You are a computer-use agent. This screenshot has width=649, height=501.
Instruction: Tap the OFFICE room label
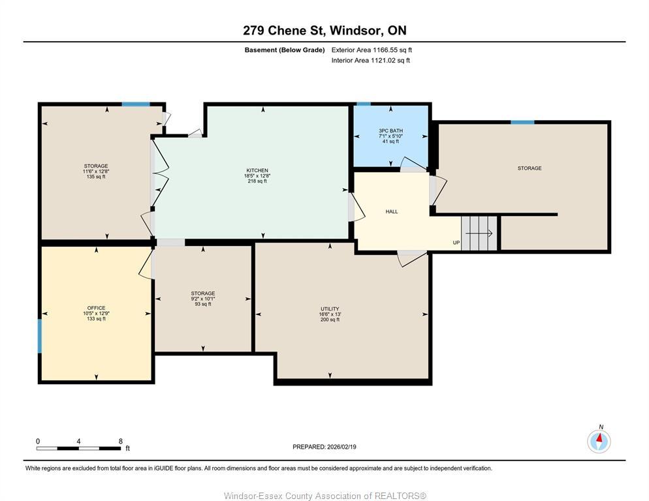[96, 308]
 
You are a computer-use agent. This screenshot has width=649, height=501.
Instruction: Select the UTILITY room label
[330, 309]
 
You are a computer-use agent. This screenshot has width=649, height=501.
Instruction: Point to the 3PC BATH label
[390, 130]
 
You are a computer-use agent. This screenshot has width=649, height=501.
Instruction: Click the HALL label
[392, 211]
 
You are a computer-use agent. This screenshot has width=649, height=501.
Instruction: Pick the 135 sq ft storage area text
[96, 177]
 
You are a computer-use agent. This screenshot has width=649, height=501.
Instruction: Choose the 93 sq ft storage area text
[202, 304]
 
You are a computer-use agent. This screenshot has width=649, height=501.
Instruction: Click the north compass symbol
[599, 440]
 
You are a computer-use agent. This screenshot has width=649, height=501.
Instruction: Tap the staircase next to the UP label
[479, 232]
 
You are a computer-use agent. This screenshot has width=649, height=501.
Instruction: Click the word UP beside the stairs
[456, 243]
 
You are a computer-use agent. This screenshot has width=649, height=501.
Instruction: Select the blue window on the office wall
[40, 336]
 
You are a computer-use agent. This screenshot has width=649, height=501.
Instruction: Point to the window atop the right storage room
[522, 122]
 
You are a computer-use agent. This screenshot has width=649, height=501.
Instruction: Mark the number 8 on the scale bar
[120, 441]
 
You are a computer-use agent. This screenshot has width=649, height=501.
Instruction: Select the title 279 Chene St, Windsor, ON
[324, 30]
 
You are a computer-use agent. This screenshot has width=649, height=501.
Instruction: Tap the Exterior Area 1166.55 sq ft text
[372, 50]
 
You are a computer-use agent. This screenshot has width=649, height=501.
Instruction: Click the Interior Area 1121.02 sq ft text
[370, 61]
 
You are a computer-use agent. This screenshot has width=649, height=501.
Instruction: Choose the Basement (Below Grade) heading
[285, 50]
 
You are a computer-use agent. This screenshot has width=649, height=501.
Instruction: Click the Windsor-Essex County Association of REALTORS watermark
[324, 496]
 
